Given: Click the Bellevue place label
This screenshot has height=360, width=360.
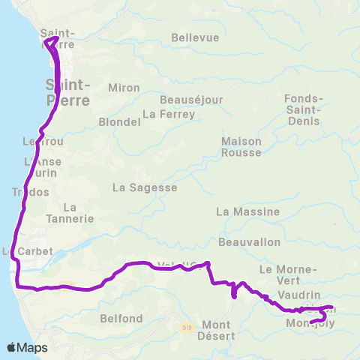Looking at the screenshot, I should [x=195, y=37].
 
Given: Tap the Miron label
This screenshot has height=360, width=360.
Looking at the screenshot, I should [x=124, y=88].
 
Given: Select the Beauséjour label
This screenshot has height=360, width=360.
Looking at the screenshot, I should [x=184, y=99].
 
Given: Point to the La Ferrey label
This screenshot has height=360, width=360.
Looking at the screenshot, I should [x=169, y=114].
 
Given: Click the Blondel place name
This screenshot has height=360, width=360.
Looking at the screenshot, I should [x=116, y=121].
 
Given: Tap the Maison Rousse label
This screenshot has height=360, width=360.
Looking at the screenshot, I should [x=241, y=147].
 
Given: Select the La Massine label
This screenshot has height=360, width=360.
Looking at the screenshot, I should [x=247, y=212].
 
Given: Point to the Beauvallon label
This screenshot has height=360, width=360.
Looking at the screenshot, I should [x=249, y=242].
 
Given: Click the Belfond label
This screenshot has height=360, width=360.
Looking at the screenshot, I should [x=121, y=319].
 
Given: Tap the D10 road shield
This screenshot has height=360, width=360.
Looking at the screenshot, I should [x=187, y=327].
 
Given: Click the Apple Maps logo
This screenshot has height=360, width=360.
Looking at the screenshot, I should [x=27, y=347].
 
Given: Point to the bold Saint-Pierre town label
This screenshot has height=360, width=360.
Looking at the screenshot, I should [x=68, y=91].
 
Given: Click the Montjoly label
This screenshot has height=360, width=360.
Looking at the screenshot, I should [x=310, y=324].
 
